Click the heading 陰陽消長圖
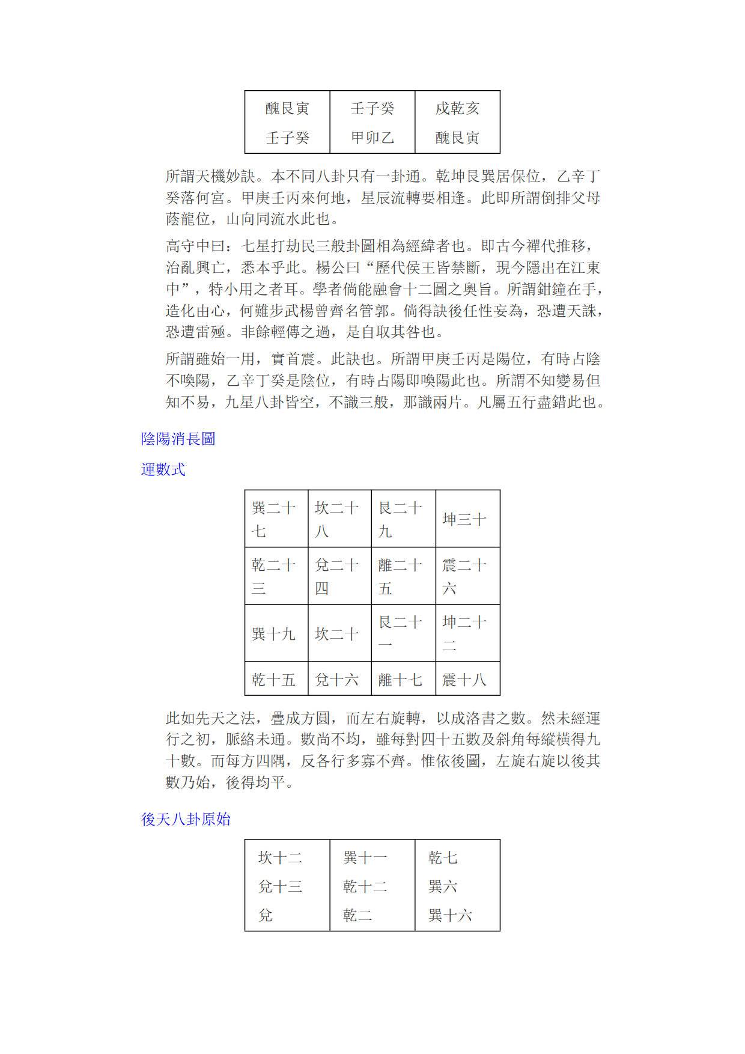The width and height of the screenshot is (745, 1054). click(x=178, y=439)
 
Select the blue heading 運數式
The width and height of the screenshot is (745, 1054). click(x=163, y=469)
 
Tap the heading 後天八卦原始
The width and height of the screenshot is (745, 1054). click(x=186, y=820)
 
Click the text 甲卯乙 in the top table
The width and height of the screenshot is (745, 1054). click(x=372, y=138)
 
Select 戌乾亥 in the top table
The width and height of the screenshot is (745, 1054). click(x=457, y=109)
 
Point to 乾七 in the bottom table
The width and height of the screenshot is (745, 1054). click(x=443, y=858)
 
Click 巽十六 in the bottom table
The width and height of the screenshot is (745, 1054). click(x=450, y=916)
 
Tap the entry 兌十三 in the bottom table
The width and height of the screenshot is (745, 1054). click(x=280, y=887)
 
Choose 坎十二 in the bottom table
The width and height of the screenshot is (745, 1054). click(x=280, y=858)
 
